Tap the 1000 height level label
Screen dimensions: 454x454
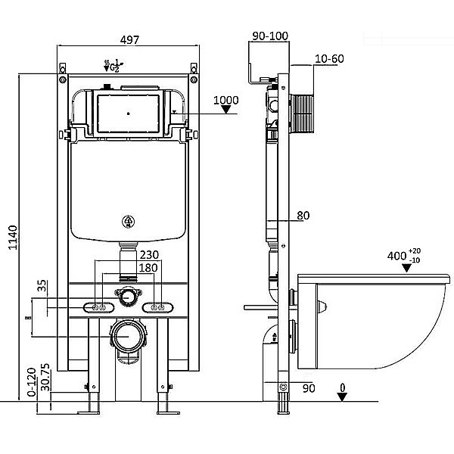point(226,100)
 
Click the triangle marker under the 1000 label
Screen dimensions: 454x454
point(226,111)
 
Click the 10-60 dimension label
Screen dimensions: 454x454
point(331,58)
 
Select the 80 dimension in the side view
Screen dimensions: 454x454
point(303,216)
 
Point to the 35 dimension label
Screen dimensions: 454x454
point(42,286)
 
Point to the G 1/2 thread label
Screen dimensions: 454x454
point(113,66)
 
